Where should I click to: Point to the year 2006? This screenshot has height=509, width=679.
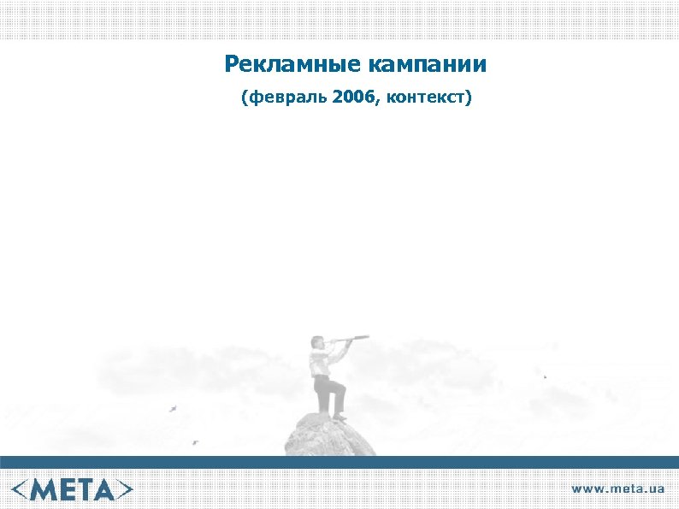pyautogui.click(x=355, y=98)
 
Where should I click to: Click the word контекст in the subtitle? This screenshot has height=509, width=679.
pyautogui.click(x=427, y=98)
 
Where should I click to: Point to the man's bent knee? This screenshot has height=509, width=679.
pyautogui.click(x=343, y=390)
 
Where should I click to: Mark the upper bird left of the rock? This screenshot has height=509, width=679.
pyautogui.click(x=174, y=408)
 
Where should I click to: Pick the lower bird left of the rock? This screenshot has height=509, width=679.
pyautogui.click(x=195, y=442)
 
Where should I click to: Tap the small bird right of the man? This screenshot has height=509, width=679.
pyautogui.click(x=545, y=376)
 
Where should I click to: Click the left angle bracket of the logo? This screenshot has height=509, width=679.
pyautogui.click(x=21, y=488)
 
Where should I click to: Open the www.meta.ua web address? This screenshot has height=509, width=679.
pyautogui.click(x=617, y=488)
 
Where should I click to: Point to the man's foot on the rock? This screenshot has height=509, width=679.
pyautogui.click(x=339, y=417)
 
